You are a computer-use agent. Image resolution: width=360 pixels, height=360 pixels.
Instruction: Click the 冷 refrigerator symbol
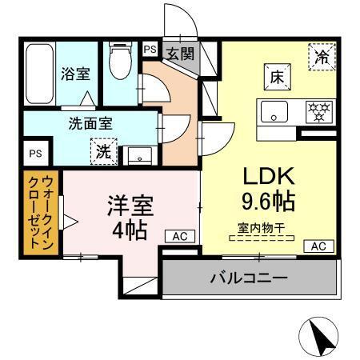tap(322, 56)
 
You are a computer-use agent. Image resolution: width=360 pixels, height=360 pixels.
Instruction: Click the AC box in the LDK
tap(317, 246)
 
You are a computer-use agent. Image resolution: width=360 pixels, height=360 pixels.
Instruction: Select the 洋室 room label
tap(130, 205)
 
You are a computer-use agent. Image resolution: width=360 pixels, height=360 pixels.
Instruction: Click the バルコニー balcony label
tap(250, 278)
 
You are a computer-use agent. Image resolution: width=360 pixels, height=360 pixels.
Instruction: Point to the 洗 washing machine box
tap(105, 150)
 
